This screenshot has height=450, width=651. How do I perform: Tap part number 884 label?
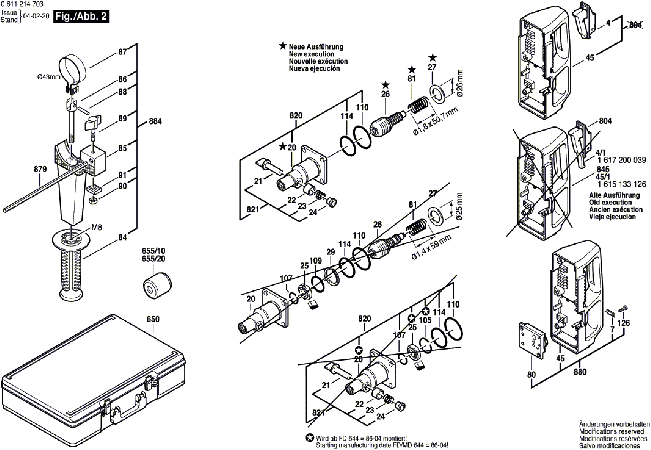pos(155,122)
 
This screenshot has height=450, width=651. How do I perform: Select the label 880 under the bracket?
pos(580,372)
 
